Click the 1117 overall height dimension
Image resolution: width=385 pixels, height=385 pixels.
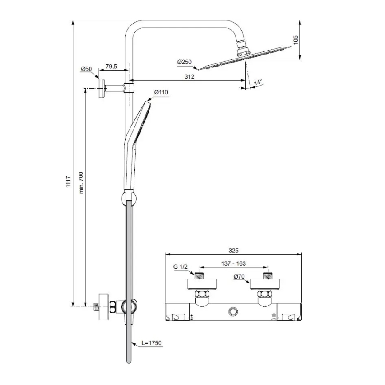coord(68,183)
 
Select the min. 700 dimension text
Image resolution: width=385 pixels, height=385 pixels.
coord(81,183)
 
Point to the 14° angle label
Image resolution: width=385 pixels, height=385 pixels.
coord(258,82)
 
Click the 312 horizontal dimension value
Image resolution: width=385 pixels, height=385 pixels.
coord(189,76)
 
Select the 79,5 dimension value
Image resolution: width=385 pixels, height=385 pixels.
coord(111,67)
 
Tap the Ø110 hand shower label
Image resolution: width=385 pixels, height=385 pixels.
coord(161,92)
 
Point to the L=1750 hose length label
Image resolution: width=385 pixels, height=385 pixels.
coord(150,343)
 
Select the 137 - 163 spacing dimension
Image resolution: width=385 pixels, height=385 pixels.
coord(233,263)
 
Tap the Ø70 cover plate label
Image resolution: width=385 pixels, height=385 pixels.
coord(239,277)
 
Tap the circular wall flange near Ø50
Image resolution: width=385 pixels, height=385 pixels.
coord(102,88)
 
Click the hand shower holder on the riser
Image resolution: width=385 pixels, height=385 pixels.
coord(128,197)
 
